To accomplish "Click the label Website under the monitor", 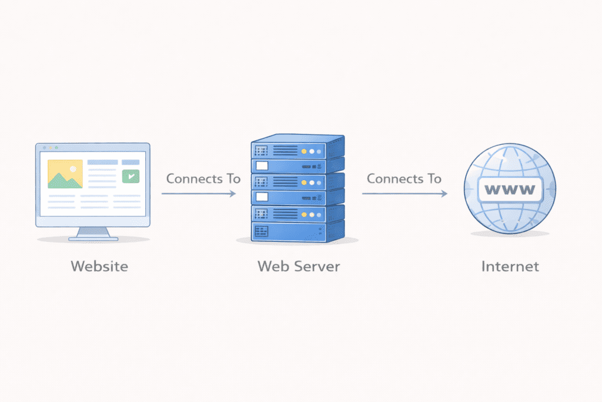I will tap(99, 266).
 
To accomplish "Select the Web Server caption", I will tap(299, 266).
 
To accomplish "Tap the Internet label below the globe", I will tap(510, 266).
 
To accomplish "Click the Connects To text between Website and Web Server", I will tap(203, 178).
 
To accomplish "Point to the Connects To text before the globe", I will tap(404, 178).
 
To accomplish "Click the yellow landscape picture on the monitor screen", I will tap(65, 174).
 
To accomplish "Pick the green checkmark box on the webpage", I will tap(131, 175).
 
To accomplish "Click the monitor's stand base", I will tap(93, 238).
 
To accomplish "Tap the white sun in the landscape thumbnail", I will tap(72, 168).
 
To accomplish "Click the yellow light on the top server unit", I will tap(304, 151).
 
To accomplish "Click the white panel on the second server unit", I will tap(262, 167).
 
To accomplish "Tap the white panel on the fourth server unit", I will tap(262, 197).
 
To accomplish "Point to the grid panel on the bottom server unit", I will tap(262, 230).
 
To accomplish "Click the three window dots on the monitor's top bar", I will tap(45, 147).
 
